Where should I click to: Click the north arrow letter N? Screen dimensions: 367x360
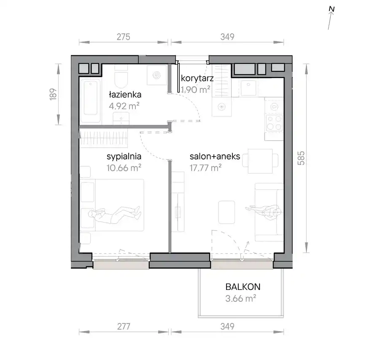(x=332, y=9)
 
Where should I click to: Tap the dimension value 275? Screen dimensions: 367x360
(x=123, y=37)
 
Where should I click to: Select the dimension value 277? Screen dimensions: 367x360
(x=123, y=326)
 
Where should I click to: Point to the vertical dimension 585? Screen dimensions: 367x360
(x=301, y=158)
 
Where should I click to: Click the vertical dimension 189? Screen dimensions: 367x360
(x=53, y=95)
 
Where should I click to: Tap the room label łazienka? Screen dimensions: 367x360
(x=125, y=95)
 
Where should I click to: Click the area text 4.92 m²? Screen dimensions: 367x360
(x=124, y=106)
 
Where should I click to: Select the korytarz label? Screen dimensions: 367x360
(x=197, y=78)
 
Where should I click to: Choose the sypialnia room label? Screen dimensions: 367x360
(x=124, y=157)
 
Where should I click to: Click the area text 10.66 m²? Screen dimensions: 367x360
(x=124, y=168)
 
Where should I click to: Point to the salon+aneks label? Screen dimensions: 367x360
(x=215, y=156)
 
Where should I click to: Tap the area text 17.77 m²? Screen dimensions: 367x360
(x=205, y=168)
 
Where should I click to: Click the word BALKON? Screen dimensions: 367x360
(x=243, y=287)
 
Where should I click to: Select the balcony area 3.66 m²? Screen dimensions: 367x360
(x=240, y=298)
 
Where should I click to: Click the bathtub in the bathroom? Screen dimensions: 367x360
(x=91, y=101)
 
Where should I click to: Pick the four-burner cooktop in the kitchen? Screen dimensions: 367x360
(x=274, y=122)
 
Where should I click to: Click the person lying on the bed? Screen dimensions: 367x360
(x=114, y=214)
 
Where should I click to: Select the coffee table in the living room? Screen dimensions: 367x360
(x=227, y=212)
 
